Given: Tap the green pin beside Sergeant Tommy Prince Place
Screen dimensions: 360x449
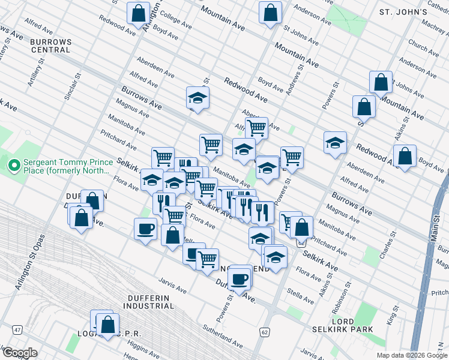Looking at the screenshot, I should (x=12, y=164).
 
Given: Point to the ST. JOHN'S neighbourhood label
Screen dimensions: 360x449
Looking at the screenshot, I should (x=403, y=12).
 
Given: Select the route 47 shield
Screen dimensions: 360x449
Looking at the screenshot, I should (x=16, y=329).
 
